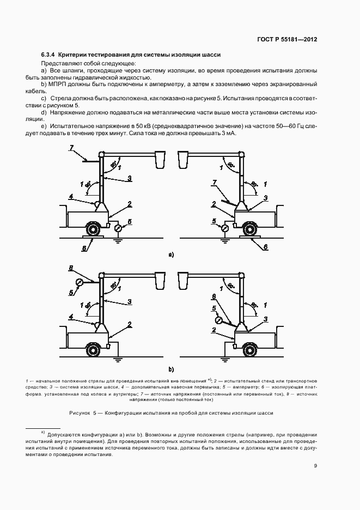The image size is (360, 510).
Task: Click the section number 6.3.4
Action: point(48,55)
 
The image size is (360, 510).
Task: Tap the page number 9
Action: point(315,465)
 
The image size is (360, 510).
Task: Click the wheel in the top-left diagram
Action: point(94,229)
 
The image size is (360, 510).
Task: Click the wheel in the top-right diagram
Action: point(250,229)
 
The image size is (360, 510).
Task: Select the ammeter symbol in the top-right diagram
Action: point(224,228)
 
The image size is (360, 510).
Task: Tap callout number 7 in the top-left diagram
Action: point(71,148)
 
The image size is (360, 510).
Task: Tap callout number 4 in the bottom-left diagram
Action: point(71,315)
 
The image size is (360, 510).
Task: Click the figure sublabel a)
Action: point(171,254)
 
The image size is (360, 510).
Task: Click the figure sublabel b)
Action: point(171,369)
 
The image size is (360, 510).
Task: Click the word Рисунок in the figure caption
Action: point(81,413)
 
